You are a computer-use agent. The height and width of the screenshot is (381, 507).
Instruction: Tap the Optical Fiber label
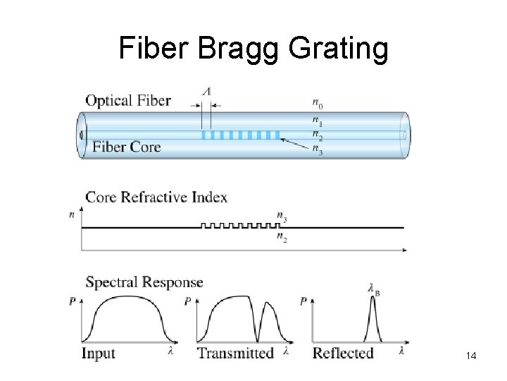[128, 100]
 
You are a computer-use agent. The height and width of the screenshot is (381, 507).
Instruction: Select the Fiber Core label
[127, 147]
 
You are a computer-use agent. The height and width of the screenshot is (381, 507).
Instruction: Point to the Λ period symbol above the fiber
[206, 91]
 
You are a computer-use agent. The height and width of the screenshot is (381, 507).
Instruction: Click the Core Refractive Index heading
[156, 197]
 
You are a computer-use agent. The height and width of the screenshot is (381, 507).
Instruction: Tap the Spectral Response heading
[144, 283]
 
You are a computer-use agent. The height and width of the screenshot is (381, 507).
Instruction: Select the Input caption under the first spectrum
[98, 353]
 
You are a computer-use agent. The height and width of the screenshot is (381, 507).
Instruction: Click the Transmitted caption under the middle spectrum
[235, 353]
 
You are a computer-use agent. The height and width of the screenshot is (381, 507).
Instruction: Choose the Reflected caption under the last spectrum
[343, 353]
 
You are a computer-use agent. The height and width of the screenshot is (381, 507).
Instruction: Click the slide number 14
[471, 357]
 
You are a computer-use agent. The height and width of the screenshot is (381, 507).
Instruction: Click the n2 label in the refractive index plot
[282, 238]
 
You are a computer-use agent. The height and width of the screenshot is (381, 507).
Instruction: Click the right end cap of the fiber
[404, 135]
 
